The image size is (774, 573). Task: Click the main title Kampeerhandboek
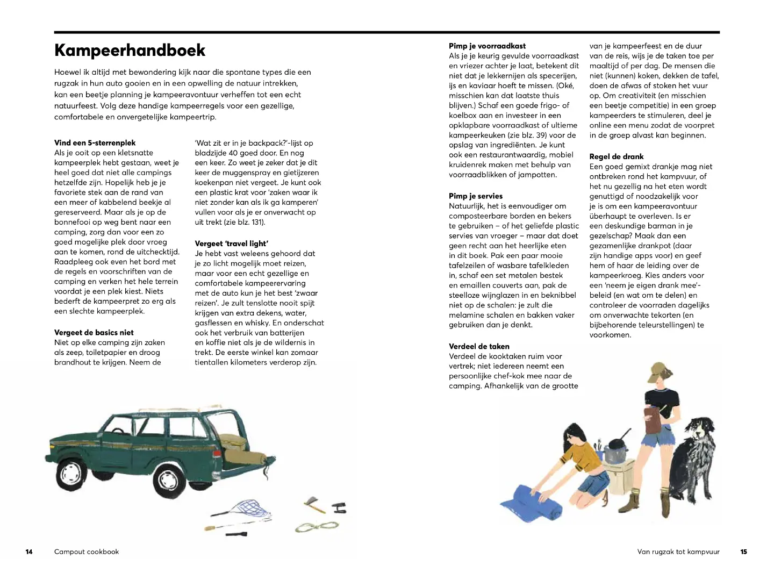[130, 50]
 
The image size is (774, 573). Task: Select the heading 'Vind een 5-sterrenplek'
[95, 143]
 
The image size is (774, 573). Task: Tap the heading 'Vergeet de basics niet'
[94, 333]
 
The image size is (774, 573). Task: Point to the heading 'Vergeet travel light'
[231, 243]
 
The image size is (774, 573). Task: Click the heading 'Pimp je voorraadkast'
[487, 46]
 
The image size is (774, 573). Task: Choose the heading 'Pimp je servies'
[476, 196]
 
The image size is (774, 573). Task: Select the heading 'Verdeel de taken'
[479, 347]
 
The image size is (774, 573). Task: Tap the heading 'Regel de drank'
[616, 157]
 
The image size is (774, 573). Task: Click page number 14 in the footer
[29, 551]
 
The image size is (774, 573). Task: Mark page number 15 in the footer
[743, 551]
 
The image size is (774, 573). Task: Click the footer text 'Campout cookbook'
[87, 551]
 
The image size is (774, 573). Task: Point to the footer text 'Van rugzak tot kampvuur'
[678, 551]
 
